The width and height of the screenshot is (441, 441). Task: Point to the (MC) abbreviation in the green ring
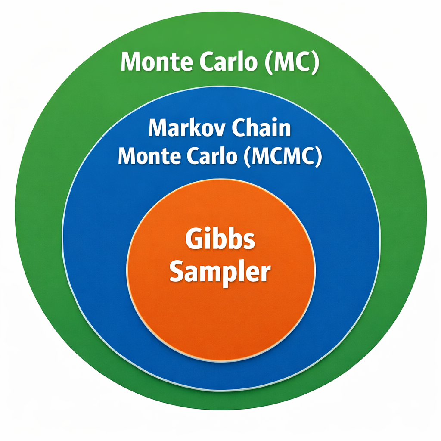pyautogui.click(x=292, y=62)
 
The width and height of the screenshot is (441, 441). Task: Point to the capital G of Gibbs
pyautogui.click(x=194, y=239)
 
